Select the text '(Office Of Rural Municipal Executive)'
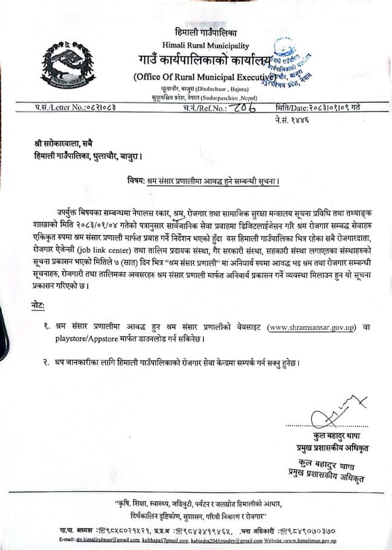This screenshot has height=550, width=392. click(x=201, y=77)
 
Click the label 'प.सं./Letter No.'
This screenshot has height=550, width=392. click(x=58, y=108)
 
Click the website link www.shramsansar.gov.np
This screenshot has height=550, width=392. click(x=312, y=327)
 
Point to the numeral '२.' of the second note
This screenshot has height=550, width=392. click(x=46, y=362)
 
